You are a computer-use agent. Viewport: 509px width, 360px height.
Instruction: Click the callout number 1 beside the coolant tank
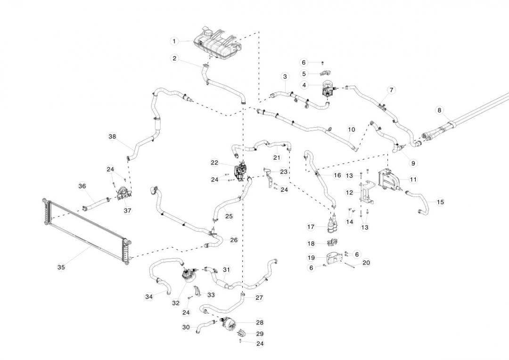pyautogui.click(x=174, y=41)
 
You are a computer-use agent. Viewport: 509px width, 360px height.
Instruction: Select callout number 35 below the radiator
pyautogui.click(x=61, y=267)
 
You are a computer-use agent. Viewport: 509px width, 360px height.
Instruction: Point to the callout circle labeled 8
pyautogui.click(x=439, y=110)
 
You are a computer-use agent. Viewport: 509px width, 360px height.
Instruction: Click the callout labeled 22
pyautogui.click(x=214, y=163)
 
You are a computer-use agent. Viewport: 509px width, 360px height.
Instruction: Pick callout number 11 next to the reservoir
pyautogui.click(x=413, y=179)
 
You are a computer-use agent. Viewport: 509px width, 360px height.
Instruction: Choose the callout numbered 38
pyautogui.click(x=112, y=137)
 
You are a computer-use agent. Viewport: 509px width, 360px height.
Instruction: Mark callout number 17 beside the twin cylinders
pyautogui.click(x=311, y=227)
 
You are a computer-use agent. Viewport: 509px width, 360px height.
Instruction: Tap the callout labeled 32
pyautogui.click(x=176, y=303)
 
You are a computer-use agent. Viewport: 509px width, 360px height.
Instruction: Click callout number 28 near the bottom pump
pyautogui.click(x=260, y=323)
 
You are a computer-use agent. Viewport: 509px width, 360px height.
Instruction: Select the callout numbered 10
pyautogui.click(x=351, y=129)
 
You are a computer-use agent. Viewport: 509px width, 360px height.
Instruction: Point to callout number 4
pyautogui.click(x=304, y=85)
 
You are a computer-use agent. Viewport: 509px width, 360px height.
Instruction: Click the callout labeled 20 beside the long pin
pyautogui.click(x=366, y=262)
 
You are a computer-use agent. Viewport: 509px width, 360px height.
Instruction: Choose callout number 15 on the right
pyautogui.click(x=440, y=202)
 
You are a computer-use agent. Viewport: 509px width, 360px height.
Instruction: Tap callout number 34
pyautogui.click(x=149, y=297)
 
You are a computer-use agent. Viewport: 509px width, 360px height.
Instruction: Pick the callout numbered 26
pyautogui.click(x=234, y=240)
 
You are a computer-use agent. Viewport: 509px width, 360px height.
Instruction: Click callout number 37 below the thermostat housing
pyautogui.click(x=127, y=211)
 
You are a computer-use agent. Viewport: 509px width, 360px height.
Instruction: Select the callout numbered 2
pyautogui.click(x=174, y=58)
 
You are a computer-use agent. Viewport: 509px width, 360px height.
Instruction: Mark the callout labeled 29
pyautogui.click(x=260, y=334)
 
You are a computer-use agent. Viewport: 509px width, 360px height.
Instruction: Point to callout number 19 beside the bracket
pyautogui.click(x=311, y=258)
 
